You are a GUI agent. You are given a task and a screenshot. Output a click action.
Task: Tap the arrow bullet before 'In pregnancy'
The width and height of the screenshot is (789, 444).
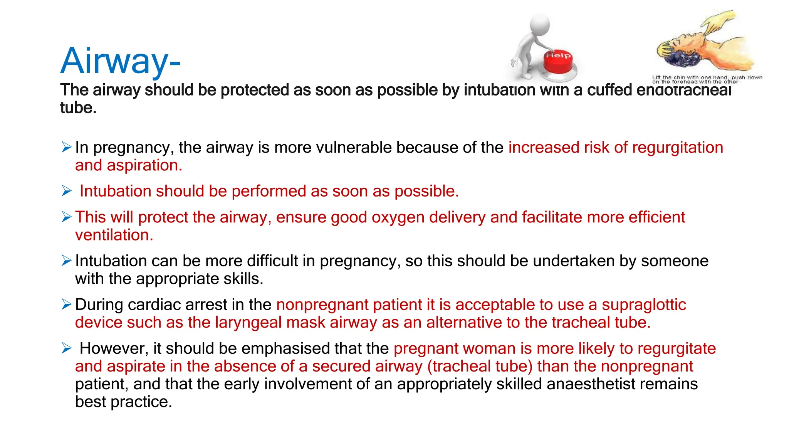(x=66, y=147)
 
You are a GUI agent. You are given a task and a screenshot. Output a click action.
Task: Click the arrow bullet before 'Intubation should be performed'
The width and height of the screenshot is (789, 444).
(x=66, y=191)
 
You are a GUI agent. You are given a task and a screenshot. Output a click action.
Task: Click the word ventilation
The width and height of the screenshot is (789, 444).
(x=114, y=235)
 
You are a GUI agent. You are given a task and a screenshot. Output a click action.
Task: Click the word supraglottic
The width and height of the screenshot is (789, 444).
(x=644, y=305)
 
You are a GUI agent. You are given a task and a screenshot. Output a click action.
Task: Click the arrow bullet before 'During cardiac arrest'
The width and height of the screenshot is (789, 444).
(x=66, y=304)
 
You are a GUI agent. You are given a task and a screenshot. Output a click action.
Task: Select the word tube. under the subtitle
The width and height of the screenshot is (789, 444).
(x=78, y=108)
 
